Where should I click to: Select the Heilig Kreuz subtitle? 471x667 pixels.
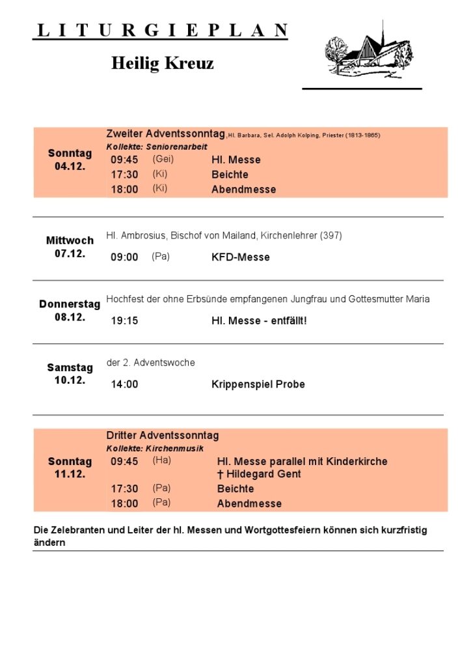click(x=162, y=63)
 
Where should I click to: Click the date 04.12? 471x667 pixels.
click(x=70, y=167)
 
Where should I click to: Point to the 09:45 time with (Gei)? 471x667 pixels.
click(x=124, y=160)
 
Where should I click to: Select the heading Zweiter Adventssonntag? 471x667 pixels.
click(x=165, y=134)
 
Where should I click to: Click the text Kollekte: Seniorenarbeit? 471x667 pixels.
click(x=157, y=147)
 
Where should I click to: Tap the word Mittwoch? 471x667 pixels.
click(x=70, y=240)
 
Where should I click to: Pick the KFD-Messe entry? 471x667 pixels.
click(x=240, y=257)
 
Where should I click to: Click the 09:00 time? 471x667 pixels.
click(x=124, y=257)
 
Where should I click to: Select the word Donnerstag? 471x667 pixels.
click(x=70, y=304)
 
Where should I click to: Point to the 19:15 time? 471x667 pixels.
click(x=124, y=320)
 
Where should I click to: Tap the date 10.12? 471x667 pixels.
click(x=70, y=380)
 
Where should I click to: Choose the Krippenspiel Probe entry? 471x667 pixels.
click(x=258, y=384)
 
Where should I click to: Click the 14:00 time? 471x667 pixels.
click(x=124, y=384)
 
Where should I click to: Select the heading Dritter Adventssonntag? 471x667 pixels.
click(x=163, y=435)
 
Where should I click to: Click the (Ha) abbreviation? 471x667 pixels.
click(x=161, y=461)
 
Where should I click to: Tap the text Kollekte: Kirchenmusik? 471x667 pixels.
click(x=155, y=449)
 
